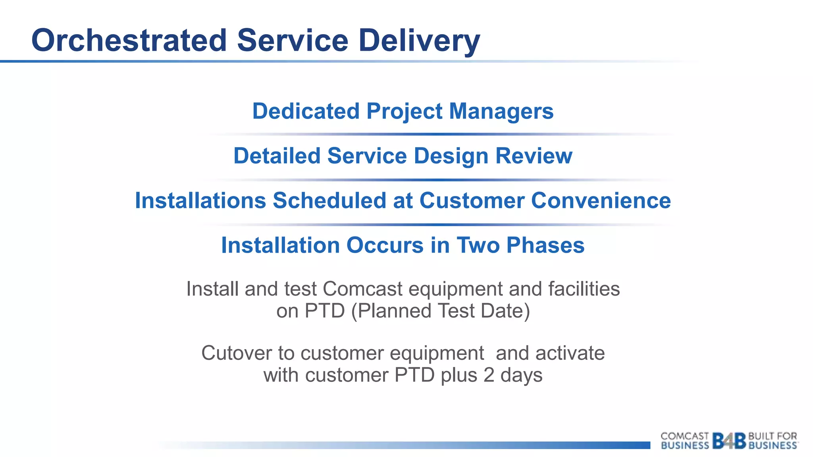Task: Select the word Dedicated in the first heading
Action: pyautogui.click(x=306, y=111)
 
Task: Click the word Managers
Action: pyautogui.click(x=501, y=111)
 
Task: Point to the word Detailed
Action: pyautogui.click(x=277, y=156)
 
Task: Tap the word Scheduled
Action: pyautogui.click(x=329, y=200)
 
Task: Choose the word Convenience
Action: pyautogui.click(x=601, y=200)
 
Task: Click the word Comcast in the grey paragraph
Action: pyautogui.click(x=362, y=289)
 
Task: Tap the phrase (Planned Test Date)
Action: pyautogui.click(x=440, y=311)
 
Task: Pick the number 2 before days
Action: pyautogui.click(x=489, y=375)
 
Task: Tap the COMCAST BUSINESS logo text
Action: pyautogui.click(x=684, y=441)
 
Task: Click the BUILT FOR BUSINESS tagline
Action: pyautogui.click(x=773, y=441)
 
